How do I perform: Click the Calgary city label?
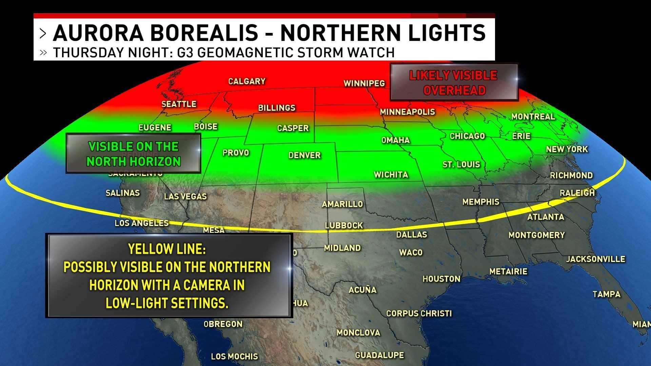pyautogui.click(x=246, y=81)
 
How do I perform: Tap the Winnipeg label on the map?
pyautogui.click(x=364, y=83)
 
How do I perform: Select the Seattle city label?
pyautogui.click(x=179, y=104)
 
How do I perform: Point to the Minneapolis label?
pyautogui.click(x=407, y=112)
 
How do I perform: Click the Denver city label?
pyautogui.click(x=304, y=155)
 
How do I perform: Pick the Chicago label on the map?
pyautogui.click(x=467, y=136)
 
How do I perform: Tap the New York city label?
pyautogui.click(x=567, y=149)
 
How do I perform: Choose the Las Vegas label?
pyautogui.click(x=185, y=197)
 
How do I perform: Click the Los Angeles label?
pyautogui.click(x=141, y=223)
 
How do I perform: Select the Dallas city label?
pyautogui.click(x=412, y=235)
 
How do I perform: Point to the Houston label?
pyautogui.click(x=441, y=279)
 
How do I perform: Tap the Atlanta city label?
pyautogui.click(x=546, y=217)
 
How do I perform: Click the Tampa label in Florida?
pyautogui.click(x=606, y=294)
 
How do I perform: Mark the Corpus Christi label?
pyautogui.click(x=419, y=313)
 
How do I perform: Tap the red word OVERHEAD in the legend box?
pyautogui.click(x=454, y=90)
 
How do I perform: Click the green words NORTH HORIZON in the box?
pyautogui.click(x=133, y=162)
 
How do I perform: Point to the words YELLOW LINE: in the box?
pyautogui.click(x=167, y=249)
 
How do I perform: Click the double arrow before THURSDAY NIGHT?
pyautogui.click(x=43, y=53)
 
